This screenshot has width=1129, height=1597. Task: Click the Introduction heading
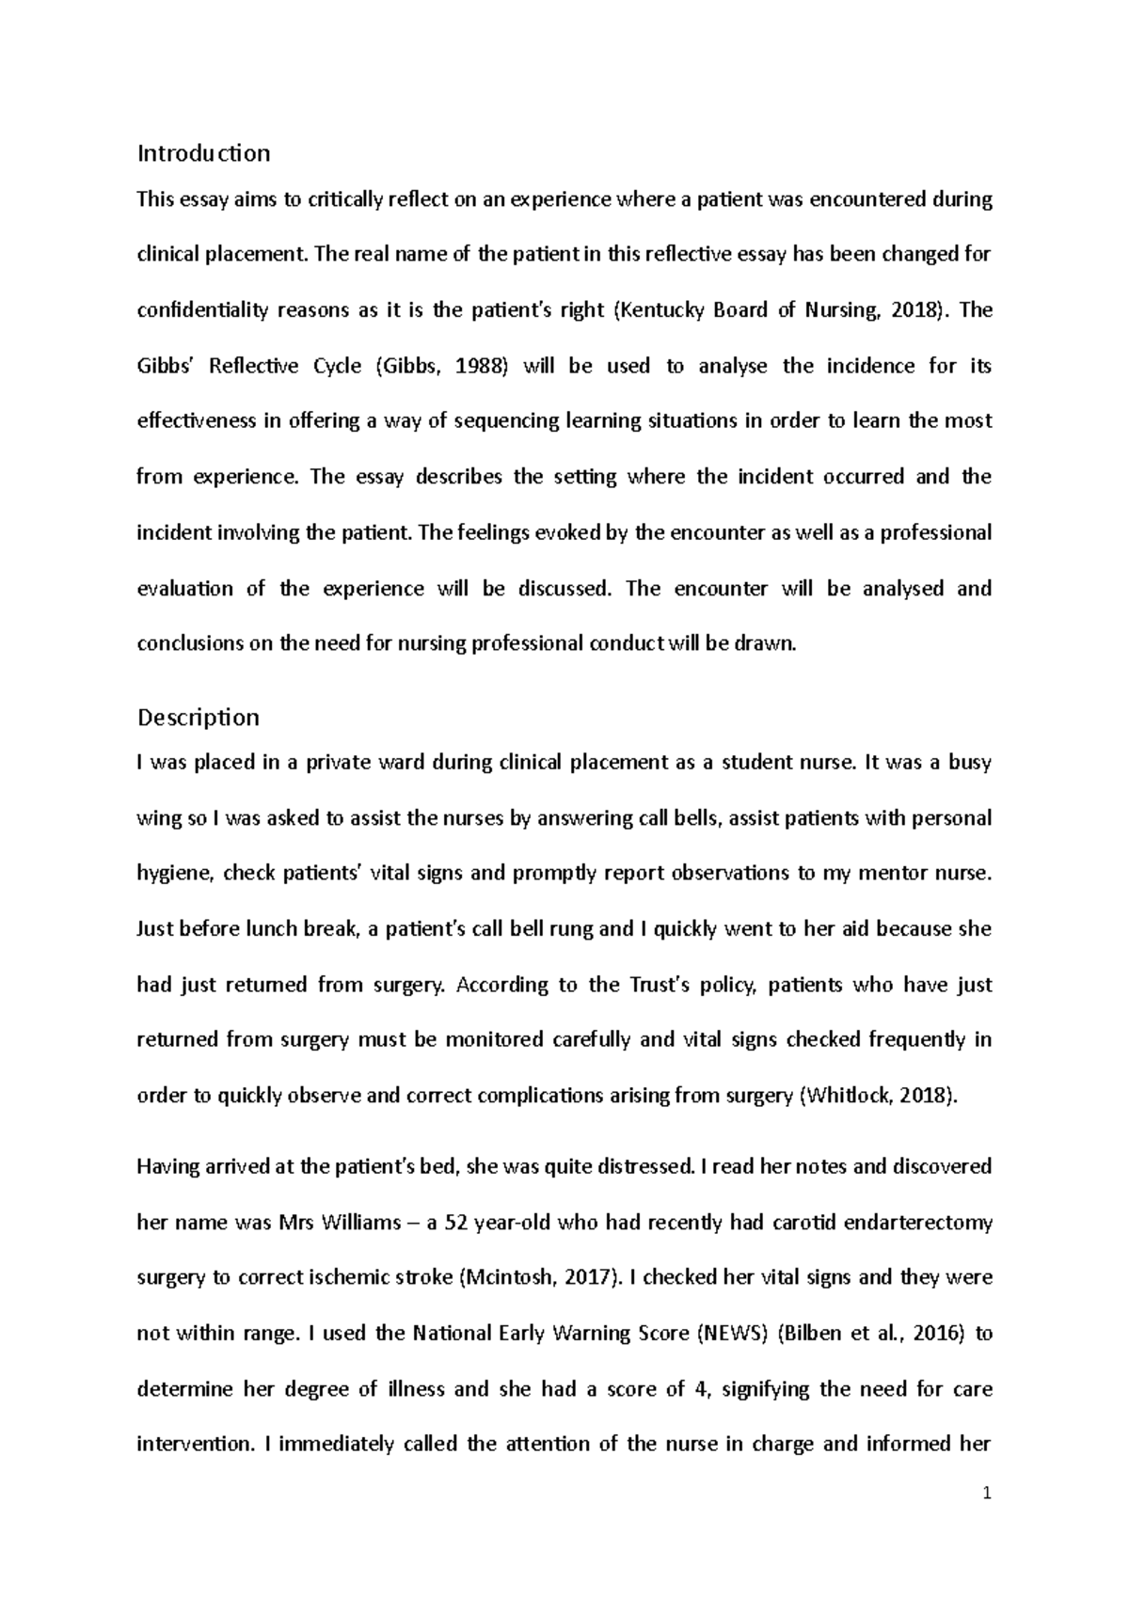(x=203, y=152)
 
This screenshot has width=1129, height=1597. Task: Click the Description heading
(x=198, y=717)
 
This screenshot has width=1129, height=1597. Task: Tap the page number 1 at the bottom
(x=987, y=1494)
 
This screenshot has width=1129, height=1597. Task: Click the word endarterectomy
(x=918, y=1223)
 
